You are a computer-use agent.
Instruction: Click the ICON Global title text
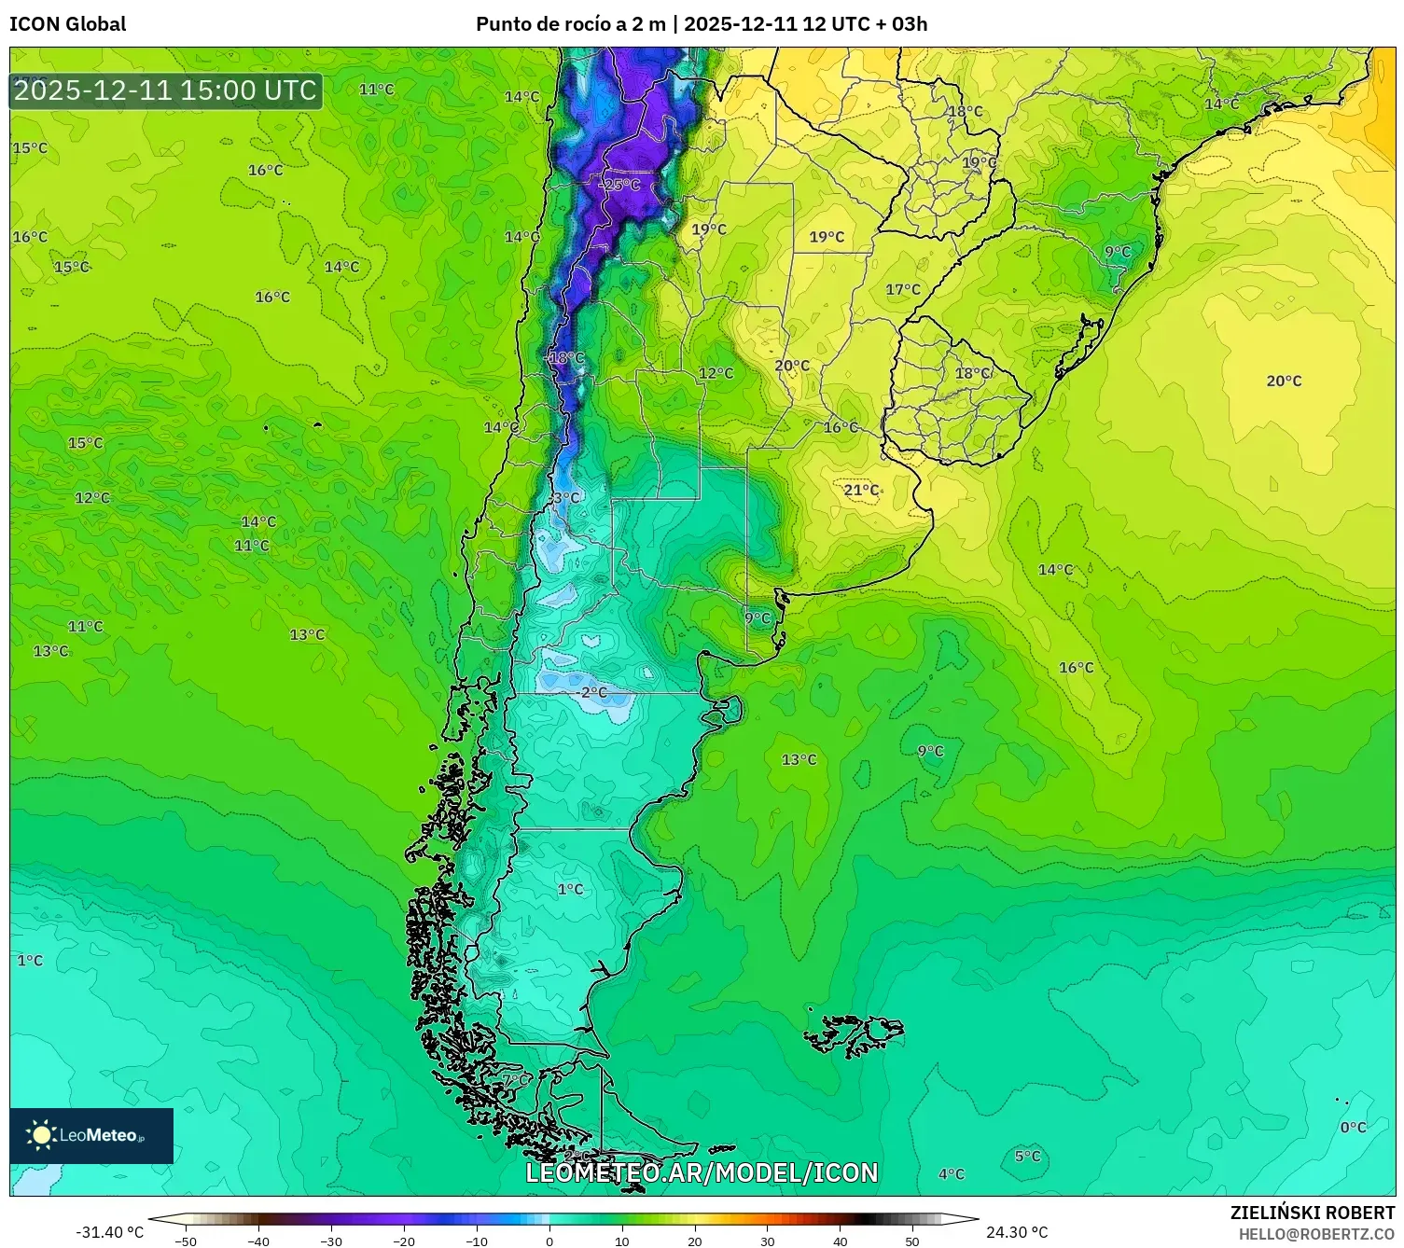pyautogui.click(x=67, y=24)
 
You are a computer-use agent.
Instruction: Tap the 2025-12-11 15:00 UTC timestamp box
pyautogui.click(x=166, y=90)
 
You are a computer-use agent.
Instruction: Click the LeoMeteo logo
pyautogui.click(x=91, y=1135)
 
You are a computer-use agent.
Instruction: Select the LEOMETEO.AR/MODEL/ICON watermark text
pyautogui.click(x=702, y=1172)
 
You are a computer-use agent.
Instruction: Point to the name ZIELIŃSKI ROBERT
pyautogui.click(x=1312, y=1213)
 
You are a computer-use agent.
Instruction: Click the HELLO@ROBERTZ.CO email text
pyautogui.click(x=1316, y=1234)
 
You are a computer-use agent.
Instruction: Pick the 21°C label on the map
pyautogui.click(x=861, y=490)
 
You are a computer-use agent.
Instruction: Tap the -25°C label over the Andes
pyautogui.click(x=619, y=185)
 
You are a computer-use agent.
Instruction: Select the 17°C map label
pyautogui.click(x=902, y=290)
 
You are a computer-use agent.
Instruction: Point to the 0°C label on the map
pyautogui.click(x=1353, y=1128)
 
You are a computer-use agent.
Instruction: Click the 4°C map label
pyautogui.click(x=951, y=1174)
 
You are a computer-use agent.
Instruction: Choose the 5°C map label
pyautogui.click(x=1027, y=1157)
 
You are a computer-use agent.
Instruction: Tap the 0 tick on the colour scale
pyautogui.click(x=549, y=1241)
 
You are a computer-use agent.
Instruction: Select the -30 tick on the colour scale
pyautogui.click(x=331, y=1241)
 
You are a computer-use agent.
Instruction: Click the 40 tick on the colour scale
pyautogui.click(x=840, y=1241)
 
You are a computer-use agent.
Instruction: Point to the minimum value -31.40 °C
pyautogui.click(x=109, y=1232)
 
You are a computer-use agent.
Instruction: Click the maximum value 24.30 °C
pyautogui.click(x=1017, y=1232)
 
